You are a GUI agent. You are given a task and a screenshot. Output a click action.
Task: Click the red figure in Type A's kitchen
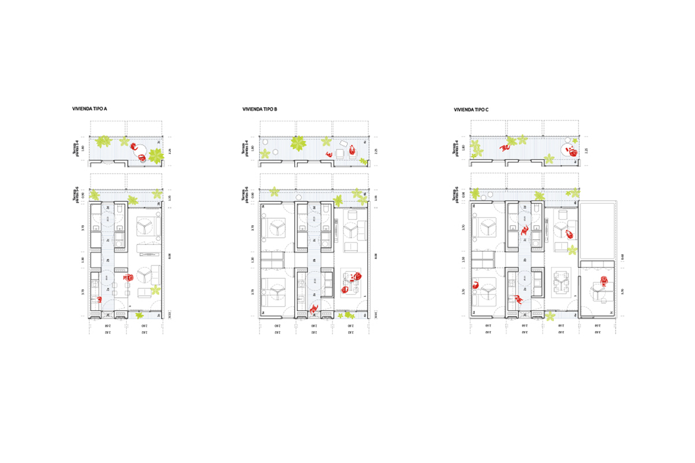pos(99,299)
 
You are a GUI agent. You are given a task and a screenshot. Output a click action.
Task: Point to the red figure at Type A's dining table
pos(128,278)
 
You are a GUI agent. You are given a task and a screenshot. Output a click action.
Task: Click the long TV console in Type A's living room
pos(148,249)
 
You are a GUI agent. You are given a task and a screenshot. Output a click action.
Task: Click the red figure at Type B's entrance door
pos(313,310)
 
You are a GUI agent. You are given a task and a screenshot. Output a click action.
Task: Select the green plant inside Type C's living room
pos(572,250)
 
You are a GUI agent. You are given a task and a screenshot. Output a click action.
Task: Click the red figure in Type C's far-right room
pos(605,282)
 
